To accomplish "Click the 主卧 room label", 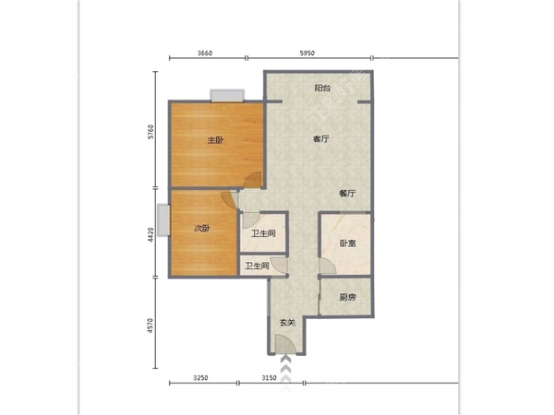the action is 215,140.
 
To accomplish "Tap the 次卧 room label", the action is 202,229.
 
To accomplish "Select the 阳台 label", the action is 322,88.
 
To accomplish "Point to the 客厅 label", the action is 321,139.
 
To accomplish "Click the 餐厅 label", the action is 347,194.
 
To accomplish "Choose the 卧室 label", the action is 348,243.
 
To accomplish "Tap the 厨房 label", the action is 347,298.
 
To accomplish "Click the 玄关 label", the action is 287,323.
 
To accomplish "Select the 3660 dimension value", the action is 205,53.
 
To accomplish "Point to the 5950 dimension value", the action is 307,53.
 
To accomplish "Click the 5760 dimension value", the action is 151,132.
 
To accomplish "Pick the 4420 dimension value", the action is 151,234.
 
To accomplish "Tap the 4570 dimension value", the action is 151,326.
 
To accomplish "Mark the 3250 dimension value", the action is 200,378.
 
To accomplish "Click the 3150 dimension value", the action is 270,378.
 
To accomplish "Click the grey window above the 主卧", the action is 227,95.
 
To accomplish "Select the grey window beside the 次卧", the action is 163,219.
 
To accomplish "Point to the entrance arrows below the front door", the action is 285,373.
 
